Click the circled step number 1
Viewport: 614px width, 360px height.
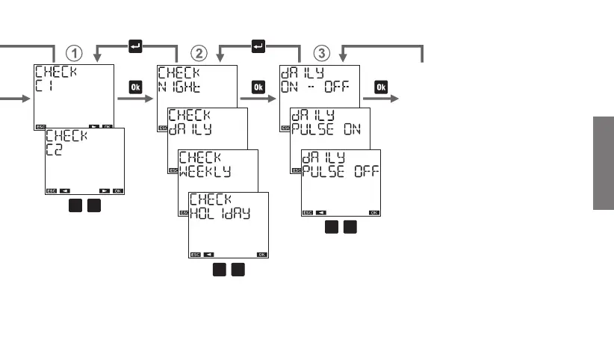(x=74, y=53)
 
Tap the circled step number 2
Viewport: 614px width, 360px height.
(x=198, y=53)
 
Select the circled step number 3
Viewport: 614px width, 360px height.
(x=321, y=53)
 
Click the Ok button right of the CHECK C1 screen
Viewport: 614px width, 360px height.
(x=135, y=87)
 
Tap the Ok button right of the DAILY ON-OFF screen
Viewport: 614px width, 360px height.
(x=381, y=87)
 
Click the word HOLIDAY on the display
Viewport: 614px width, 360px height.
(x=219, y=212)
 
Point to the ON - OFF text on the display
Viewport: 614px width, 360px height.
(x=314, y=87)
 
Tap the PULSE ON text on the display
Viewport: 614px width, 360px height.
(x=326, y=128)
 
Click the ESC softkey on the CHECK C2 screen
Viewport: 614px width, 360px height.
(x=51, y=190)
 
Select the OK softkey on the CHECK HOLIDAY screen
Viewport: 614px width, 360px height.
(x=261, y=255)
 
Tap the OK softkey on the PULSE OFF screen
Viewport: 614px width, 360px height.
(x=373, y=213)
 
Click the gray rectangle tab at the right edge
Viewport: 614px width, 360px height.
(x=604, y=164)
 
